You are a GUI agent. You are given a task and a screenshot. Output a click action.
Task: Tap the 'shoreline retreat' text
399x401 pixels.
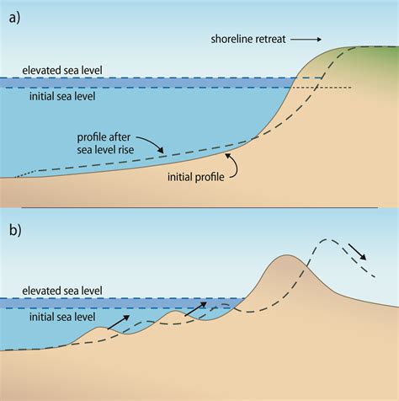pyautogui.click(x=248, y=39)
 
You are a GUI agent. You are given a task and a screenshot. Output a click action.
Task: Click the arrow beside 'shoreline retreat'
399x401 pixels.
pyautogui.click(x=309, y=39)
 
